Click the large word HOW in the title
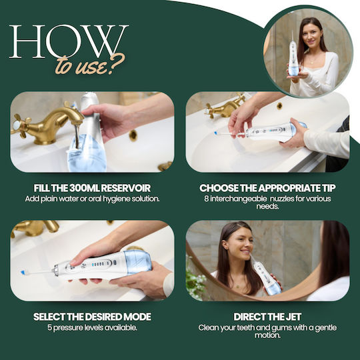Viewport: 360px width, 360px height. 69,41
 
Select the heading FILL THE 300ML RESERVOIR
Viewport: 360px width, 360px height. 92,188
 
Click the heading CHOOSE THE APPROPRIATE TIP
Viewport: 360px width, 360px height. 267,188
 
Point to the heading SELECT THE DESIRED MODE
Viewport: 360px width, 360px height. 92,317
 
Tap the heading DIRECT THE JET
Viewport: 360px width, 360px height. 267,317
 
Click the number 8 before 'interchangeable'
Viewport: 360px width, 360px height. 207,199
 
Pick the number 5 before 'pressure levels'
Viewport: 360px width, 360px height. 50,327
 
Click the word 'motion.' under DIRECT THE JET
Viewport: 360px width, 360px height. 267,335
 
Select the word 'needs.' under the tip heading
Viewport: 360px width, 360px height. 267,207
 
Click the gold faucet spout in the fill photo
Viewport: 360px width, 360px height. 69,118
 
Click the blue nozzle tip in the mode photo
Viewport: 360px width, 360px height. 23,273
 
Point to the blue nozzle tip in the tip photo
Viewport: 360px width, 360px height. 215,133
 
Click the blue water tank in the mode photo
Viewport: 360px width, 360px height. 138,262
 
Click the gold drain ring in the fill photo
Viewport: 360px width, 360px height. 133,135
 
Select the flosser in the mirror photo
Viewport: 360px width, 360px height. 266,275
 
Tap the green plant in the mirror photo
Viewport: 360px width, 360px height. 195,283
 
